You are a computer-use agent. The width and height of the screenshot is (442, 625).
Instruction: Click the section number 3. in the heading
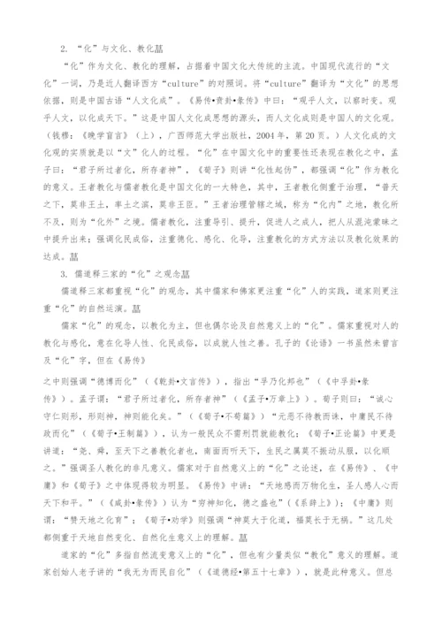[x=62, y=273]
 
